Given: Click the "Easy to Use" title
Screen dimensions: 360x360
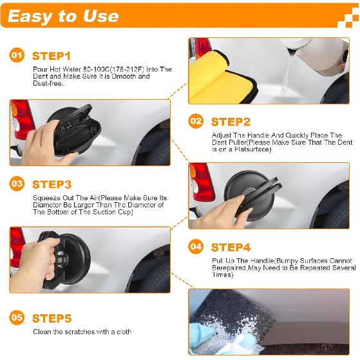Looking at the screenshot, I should [63, 16].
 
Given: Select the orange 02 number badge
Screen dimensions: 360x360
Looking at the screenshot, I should [196, 120].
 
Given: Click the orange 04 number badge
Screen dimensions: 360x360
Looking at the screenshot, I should [196, 247].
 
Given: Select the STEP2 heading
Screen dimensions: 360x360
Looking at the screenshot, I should [231, 121].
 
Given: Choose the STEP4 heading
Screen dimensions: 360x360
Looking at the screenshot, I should [231, 247].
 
